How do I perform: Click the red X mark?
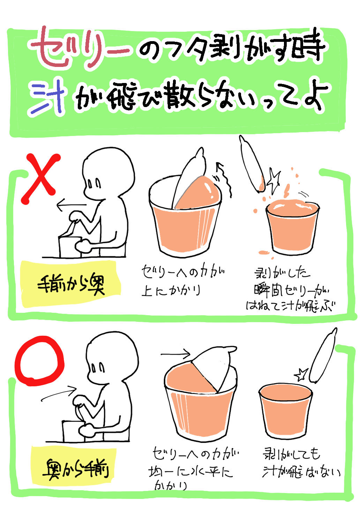pos(40,179)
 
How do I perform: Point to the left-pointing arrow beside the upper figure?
pos(72,205)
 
